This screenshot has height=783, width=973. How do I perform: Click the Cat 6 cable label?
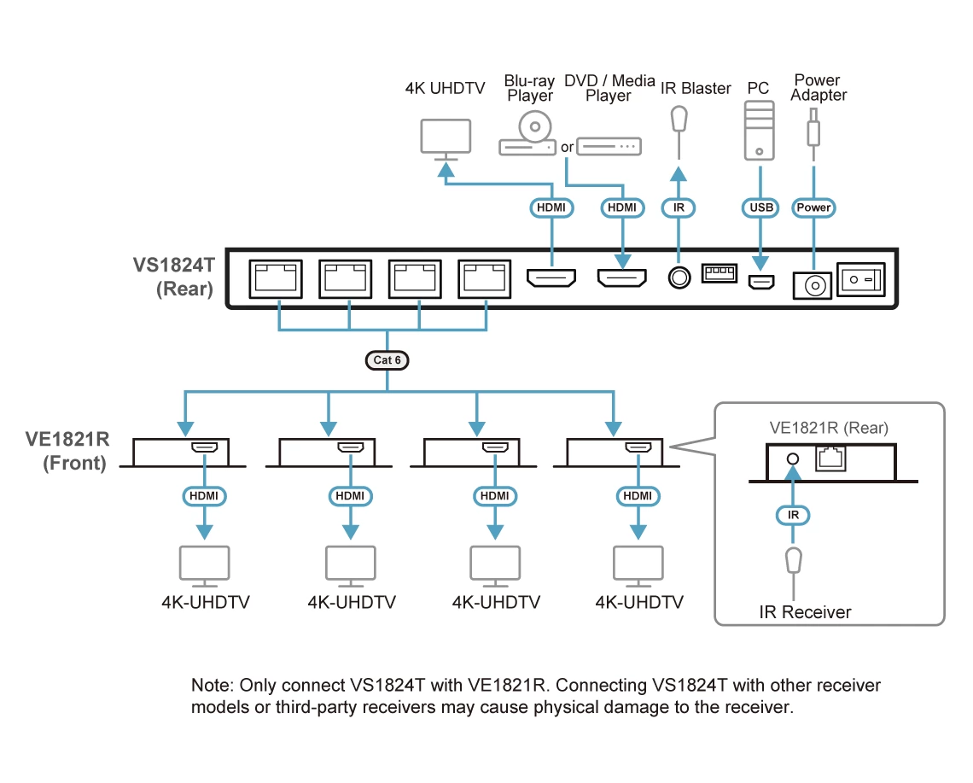tap(387, 359)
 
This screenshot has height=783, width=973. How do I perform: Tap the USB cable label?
tap(759, 207)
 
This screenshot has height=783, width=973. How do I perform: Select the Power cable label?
tap(813, 207)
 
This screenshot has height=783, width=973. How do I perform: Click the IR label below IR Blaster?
tap(679, 207)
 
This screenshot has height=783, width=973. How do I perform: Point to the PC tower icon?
tap(759, 130)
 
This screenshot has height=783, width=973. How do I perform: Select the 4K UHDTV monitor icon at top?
tap(446, 139)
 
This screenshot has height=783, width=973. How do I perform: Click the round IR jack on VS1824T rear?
tap(679, 278)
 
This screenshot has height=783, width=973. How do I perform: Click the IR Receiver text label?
tap(805, 612)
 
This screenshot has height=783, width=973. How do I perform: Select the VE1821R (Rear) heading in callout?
tap(829, 428)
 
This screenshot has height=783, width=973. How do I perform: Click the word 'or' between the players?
tap(568, 147)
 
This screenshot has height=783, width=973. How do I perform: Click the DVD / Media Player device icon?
tap(609, 146)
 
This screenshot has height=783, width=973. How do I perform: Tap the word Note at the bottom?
tap(210, 686)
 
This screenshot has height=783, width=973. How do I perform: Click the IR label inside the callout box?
tap(793, 515)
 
